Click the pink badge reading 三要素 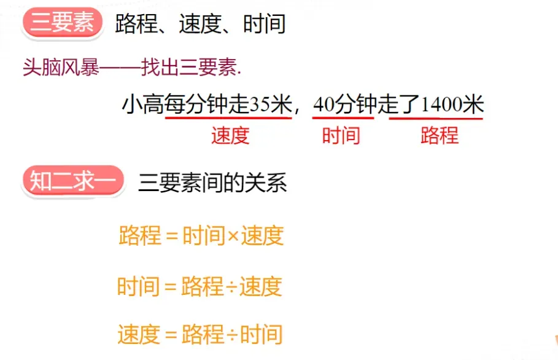[62, 24]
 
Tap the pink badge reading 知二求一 [72, 182]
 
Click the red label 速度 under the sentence [230, 136]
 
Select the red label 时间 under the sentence [341, 136]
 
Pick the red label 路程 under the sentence [440, 136]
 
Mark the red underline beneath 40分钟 [343, 117]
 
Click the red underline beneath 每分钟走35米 [228, 118]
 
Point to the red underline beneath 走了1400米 [436, 118]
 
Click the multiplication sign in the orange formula [233, 237]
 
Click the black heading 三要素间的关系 [212, 183]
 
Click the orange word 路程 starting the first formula [140, 236]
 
